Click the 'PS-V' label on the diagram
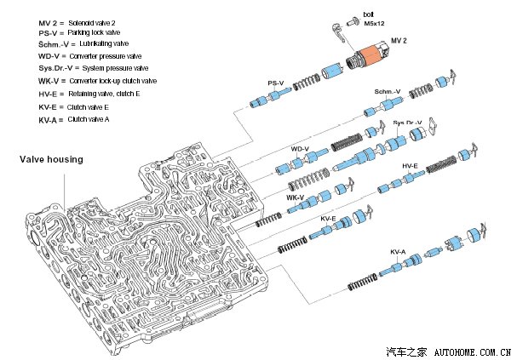tap(275, 83)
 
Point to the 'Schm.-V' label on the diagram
tap(388, 90)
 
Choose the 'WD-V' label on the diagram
tap(300, 149)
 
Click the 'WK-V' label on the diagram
tap(296, 197)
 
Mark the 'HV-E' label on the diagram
tap(410, 166)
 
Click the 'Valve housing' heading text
tap(51, 159)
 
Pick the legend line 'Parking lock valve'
tap(83, 31)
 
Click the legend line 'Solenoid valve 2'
tap(83, 18)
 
